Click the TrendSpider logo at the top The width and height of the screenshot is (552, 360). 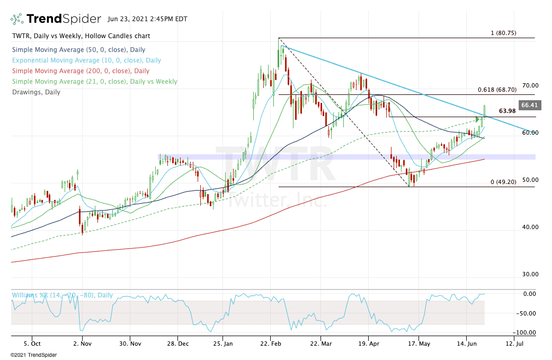click(x=56, y=19)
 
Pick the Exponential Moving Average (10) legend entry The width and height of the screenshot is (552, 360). click(x=86, y=60)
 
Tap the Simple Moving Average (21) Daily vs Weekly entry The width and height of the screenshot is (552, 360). click(x=94, y=82)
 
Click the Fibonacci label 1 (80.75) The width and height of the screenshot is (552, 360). click(x=503, y=33)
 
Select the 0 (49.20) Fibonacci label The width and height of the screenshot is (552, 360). click(x=503, y=182)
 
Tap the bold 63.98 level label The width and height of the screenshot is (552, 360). click(x=508, y=111)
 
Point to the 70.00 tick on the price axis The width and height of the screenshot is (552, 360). click(x=530, y=85)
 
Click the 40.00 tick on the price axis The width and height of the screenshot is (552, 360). click(x=530, y=227)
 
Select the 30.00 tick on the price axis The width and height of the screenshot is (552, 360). click(x=530, y=274)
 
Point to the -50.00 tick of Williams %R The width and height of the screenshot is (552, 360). click(x=528, y=313)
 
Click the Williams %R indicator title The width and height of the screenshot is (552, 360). click(x=62, y=295)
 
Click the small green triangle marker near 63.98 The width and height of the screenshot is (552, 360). click(x=477, y=119)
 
